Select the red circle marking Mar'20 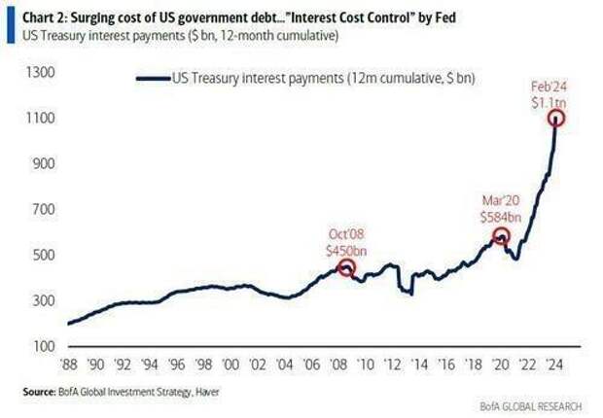coord(502,236)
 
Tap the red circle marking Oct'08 coord(345,268)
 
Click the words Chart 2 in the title coord(31,13)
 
